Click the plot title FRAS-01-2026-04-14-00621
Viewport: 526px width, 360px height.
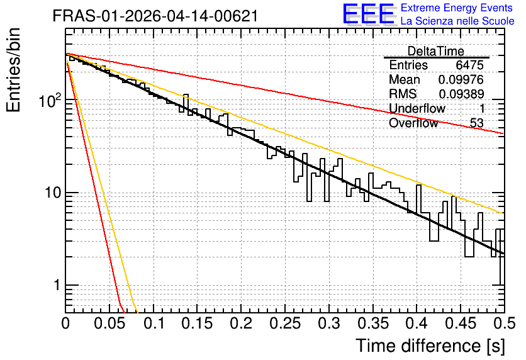click(x=155, y=16)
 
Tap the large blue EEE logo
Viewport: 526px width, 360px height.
click(x=368, y=14)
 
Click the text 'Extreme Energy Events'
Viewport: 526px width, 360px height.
click(x=457, y=8)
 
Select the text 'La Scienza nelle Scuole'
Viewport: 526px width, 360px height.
click(x=457, y=21)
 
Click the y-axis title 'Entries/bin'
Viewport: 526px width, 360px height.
click(x=13, y=70)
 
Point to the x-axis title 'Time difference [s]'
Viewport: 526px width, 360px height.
click(x=430, y=346)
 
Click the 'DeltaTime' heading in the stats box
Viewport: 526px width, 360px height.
click(x=436, y=51)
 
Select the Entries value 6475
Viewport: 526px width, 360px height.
click(x=469, y=65)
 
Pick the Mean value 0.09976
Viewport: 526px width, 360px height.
click(x=461, y=79)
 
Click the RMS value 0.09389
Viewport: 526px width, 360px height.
click(x=461, y=94)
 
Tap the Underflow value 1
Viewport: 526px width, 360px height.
click(x=482, y=108)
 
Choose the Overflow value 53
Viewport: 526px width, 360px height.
click(x=477, y=123)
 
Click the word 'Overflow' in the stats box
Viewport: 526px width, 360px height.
click(x=413, y=123)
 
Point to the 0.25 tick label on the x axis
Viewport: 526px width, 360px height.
click(x=286, y=323)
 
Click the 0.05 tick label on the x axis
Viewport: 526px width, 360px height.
click(x=109, y=323)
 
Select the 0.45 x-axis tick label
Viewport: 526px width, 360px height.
click(x=461, y=323)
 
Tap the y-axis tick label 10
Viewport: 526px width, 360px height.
click(x=53, y=193)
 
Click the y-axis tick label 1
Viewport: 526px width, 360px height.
click(x=57, y=285)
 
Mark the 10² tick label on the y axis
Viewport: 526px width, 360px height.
click(x=50, y=100)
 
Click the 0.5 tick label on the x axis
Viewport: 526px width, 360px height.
click(x=504, y=323)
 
